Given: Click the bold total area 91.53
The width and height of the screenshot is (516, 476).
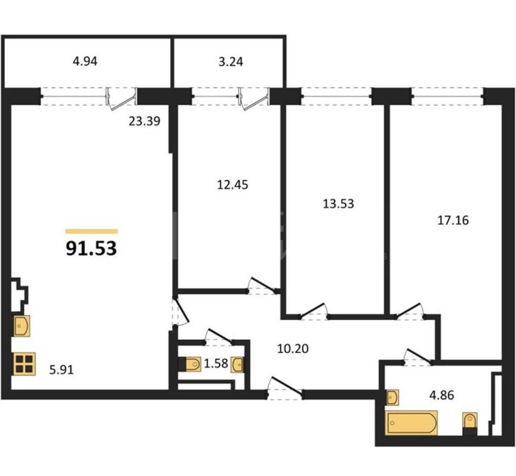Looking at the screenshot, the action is [91, 248].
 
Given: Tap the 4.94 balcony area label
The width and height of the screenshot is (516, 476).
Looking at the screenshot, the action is [85, 62].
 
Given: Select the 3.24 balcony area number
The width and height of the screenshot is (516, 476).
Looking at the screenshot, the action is [231, 62].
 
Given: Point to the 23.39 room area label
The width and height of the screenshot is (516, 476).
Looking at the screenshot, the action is [145, 121].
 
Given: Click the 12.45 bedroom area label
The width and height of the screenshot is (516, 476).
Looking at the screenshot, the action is [232, 185].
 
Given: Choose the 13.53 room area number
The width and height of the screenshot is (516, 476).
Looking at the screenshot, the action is [338, 204].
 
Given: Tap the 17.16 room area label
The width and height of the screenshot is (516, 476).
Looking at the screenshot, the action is [453, 220].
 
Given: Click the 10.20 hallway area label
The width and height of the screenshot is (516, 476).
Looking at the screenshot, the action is [292, 348].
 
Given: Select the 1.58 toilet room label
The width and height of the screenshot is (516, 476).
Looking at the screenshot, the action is [216, 363].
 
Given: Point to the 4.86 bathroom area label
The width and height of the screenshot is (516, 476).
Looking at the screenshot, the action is [441, 395].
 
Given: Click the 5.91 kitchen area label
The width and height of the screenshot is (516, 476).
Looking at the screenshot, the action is [61, 370].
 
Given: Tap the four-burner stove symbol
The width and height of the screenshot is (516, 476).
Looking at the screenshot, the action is [24, 364].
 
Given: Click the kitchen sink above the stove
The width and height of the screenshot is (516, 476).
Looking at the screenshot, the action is [22, 326].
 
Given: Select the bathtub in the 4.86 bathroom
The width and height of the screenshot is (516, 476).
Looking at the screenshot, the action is [412, 423].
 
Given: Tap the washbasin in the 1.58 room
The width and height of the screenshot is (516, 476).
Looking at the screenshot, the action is [238, 365].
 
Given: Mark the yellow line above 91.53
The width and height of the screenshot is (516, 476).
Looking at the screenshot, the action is [91, 231].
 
